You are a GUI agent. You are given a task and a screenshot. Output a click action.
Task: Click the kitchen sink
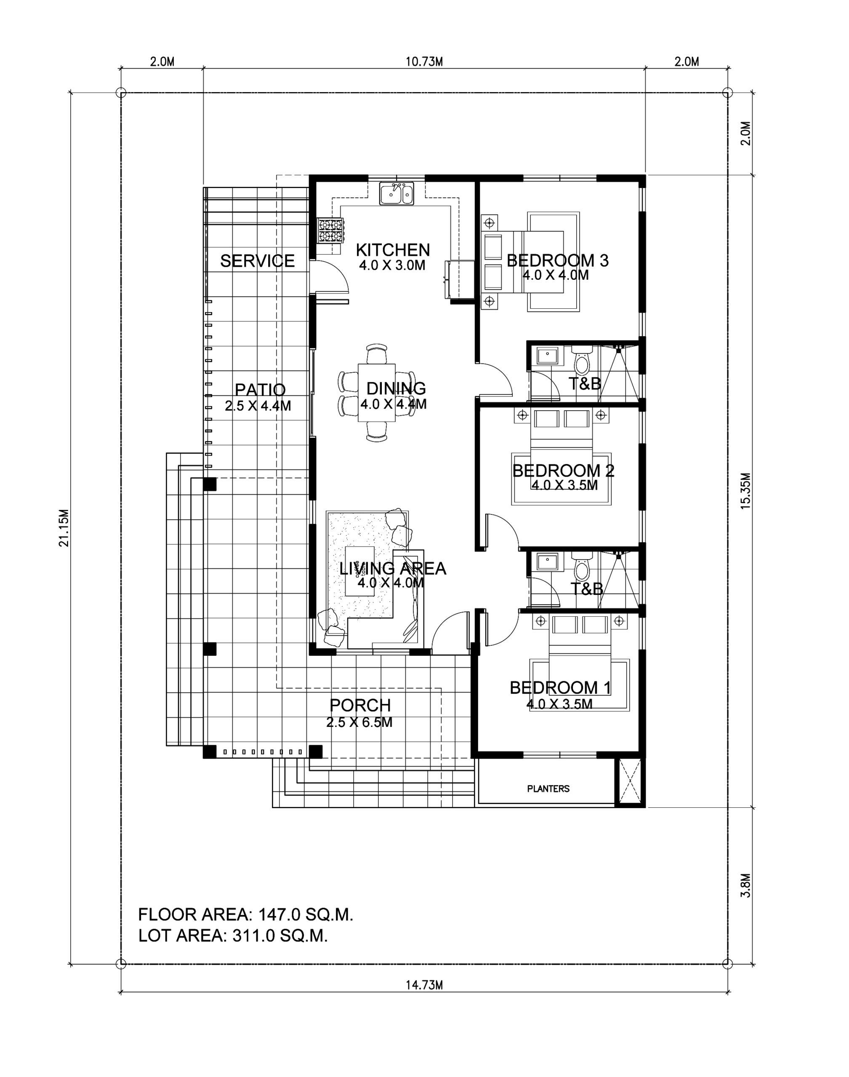(x=397, y=194)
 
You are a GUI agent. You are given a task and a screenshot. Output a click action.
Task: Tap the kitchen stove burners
(x=330, y=231)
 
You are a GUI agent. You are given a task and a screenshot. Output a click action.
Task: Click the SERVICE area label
(x=258, y=261)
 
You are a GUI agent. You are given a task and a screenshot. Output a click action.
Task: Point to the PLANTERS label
(x=548, y=788)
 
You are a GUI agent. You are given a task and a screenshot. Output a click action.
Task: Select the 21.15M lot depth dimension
(x=64, y=528)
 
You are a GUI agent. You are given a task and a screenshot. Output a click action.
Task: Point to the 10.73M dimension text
(x=424, y=61)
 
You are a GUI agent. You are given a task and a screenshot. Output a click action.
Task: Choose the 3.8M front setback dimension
(x=745, y=886)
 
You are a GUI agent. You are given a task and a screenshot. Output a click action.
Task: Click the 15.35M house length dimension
(x=745, y=491)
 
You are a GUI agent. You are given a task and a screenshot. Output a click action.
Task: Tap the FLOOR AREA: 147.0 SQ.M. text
(x=245, y=914)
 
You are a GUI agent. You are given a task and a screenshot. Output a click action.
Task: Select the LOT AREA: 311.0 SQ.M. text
(x=233, y=936)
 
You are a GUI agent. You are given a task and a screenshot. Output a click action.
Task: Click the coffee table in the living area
(x=359, y=572)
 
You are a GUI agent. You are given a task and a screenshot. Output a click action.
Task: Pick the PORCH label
(x=360, y=706)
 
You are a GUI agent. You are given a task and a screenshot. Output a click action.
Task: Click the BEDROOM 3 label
(x=557, y=260)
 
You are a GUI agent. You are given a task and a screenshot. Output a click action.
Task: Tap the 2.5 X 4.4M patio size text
(x=258, y=406)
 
